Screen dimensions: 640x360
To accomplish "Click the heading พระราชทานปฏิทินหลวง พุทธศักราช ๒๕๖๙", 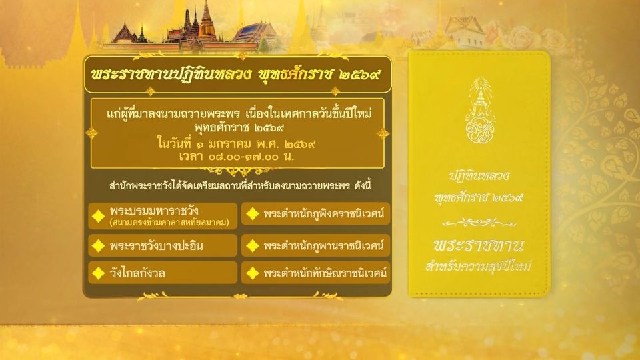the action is coord(236,75).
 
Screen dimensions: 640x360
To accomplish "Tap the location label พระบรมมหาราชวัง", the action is coord(154,211).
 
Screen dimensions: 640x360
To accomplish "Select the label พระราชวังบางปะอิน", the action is coord(156,246).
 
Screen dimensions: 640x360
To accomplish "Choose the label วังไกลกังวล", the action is coord(137,273).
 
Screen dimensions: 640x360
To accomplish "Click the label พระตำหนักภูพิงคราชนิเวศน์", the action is coord(324,213).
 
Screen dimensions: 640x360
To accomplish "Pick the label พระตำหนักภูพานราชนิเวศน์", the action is coord(324,246).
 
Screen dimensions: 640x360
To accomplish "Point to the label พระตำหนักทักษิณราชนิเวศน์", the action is coord(325,273).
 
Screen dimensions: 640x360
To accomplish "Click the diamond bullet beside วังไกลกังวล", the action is coord(99,273).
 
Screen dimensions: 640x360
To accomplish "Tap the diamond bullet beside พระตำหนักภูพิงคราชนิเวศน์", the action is coord(253,213).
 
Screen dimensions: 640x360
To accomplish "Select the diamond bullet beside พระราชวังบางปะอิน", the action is coord(99,246).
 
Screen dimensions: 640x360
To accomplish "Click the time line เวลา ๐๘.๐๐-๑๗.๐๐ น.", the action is coord(237,156).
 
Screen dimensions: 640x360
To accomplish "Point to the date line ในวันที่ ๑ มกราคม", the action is coord(237,144).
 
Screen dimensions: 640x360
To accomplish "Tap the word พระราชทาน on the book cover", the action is coord(479,246).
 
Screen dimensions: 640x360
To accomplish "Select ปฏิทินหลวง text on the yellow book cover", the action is coord(479,175).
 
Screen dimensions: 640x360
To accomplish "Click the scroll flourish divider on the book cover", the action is coord(479,223).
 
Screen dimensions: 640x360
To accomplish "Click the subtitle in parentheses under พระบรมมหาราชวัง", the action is coord(169,223).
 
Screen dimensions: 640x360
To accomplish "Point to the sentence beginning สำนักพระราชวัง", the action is coord(240,186).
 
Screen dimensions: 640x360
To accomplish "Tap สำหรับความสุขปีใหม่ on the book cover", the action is coord(479,266).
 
